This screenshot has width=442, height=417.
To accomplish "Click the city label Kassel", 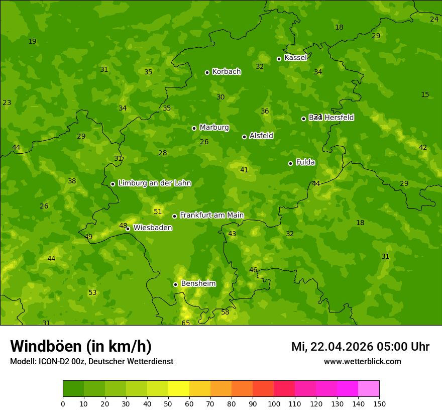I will [295, 58].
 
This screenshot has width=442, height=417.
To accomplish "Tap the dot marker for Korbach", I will [207, 72].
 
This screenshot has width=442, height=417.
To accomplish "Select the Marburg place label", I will [214, 128].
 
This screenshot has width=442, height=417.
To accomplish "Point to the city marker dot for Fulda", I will [290, 163].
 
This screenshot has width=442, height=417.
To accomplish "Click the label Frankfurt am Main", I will [211, 216].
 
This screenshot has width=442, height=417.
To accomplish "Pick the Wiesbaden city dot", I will [128, 229].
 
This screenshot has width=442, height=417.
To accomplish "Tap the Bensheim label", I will [198, 284].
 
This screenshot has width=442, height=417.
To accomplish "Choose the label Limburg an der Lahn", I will [155, 183].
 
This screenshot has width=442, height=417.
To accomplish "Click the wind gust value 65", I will [186, 323].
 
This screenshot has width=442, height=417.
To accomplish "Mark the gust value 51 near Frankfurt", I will [158, 212].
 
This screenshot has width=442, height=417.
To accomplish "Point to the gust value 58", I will [225, 312].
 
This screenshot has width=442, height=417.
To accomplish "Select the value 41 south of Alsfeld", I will [244, 170].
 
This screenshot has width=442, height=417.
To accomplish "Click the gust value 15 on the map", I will [425, 94].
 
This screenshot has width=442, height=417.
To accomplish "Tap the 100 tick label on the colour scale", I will [274, 403].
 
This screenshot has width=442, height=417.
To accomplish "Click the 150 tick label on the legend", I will [379, 403].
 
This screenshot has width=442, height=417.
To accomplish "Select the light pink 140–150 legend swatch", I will [369, 389].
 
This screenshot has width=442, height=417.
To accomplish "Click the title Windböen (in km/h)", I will [81, 346].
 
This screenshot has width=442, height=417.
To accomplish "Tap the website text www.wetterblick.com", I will [362, 362].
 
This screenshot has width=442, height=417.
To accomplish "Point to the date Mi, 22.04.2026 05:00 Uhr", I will [360, 347].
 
